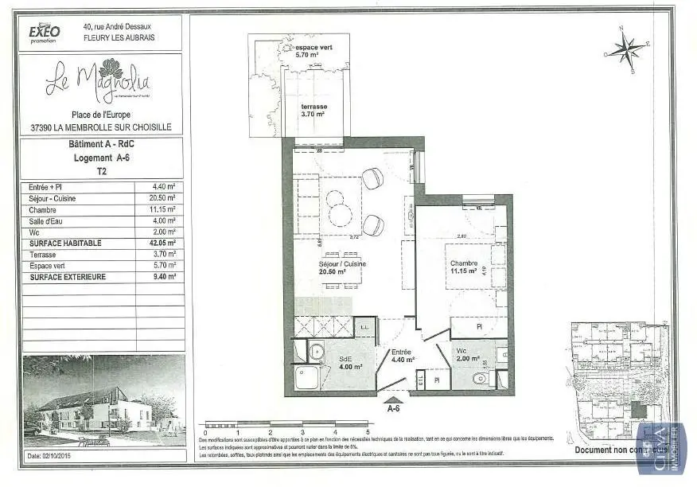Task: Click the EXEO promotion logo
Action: [45, 32]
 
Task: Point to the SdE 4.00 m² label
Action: [347, 363]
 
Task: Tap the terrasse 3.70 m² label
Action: [314, 111]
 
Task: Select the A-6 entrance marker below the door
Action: [393, 409]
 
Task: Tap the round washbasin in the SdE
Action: [317, 351]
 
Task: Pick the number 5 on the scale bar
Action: [367, 432]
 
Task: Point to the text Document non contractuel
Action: [609, 450]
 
